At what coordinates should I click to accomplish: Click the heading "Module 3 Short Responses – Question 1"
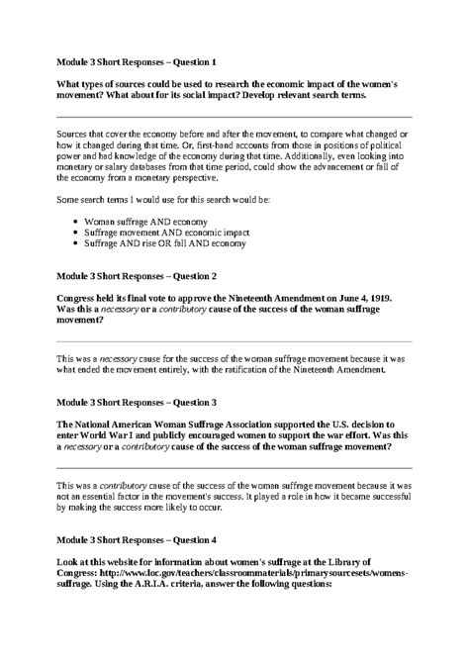pos(136,61)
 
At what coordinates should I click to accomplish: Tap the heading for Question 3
pos(136,404)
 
